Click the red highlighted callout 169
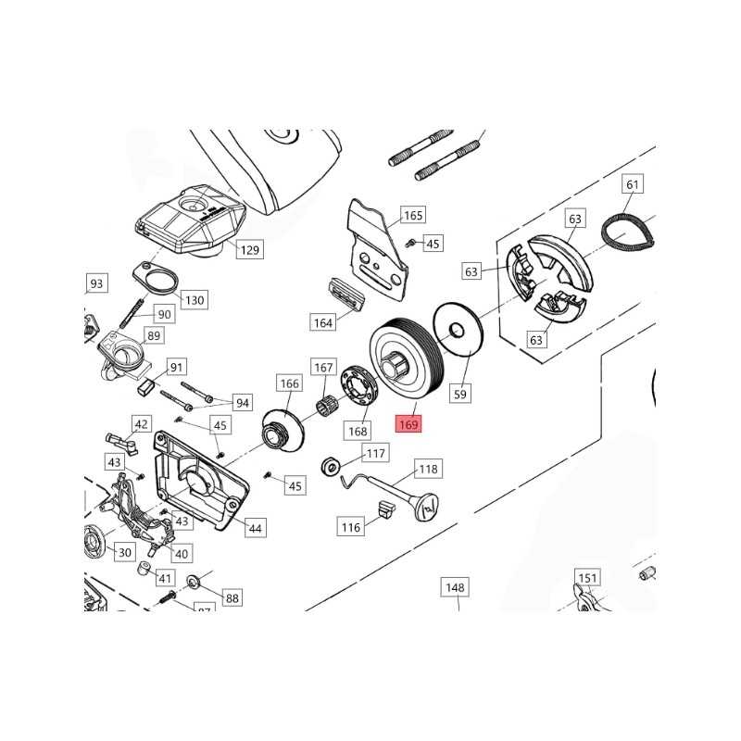[408, 425]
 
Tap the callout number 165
[413, 216]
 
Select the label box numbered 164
[322, 322]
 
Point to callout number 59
[461, 394]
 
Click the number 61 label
[633, 185]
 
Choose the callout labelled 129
[250, 249]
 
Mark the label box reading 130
[195, 299]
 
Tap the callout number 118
[428, 469]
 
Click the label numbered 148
[455, 587]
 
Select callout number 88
[232, 598]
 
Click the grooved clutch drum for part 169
[407, 356]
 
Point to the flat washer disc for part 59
[458, 329]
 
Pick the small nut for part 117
[329, 464]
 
